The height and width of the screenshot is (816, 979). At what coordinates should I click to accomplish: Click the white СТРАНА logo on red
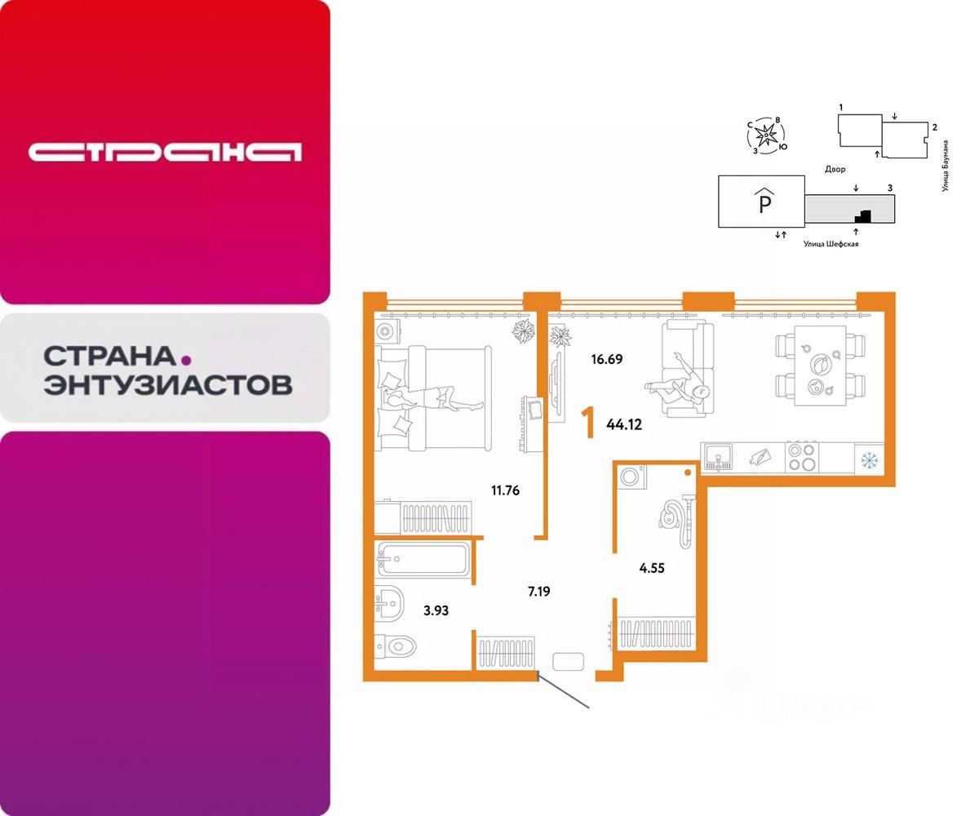point(165,152)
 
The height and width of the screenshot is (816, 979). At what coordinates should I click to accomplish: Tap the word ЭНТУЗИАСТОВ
point(168,384)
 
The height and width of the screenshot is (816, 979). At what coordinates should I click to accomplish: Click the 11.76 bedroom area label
point(505,490)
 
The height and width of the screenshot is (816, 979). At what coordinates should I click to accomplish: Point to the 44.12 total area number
point(625,424)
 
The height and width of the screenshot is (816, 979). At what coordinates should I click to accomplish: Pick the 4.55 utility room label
point(651,568)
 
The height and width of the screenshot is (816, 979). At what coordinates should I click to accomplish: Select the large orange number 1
point(587,424)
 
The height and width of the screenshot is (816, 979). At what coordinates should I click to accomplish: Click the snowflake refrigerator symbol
point(869,459)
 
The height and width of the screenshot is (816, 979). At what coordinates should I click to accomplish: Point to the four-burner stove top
point(802,457)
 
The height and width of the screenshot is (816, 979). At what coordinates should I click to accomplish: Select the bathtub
point(422,559)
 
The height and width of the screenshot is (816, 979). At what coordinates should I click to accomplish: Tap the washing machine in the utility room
point(632,476)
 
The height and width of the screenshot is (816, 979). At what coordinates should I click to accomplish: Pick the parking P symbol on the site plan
point(764,201)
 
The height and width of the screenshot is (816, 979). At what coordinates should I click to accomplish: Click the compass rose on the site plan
point(766,134)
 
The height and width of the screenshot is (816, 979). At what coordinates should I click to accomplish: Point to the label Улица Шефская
point(831,243)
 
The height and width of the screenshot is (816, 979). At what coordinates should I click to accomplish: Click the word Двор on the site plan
point(835,169)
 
